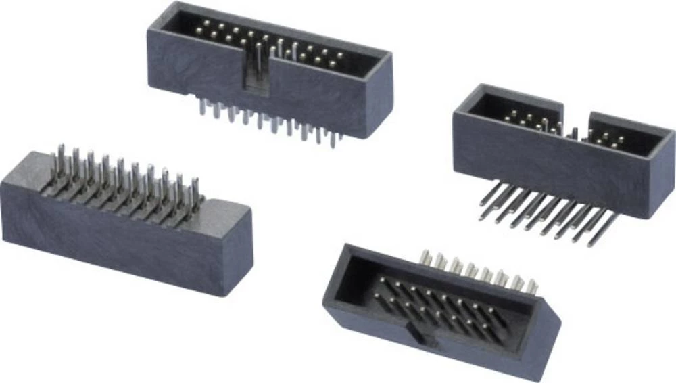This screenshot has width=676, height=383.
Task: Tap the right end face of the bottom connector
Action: (x=544, y=345)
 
